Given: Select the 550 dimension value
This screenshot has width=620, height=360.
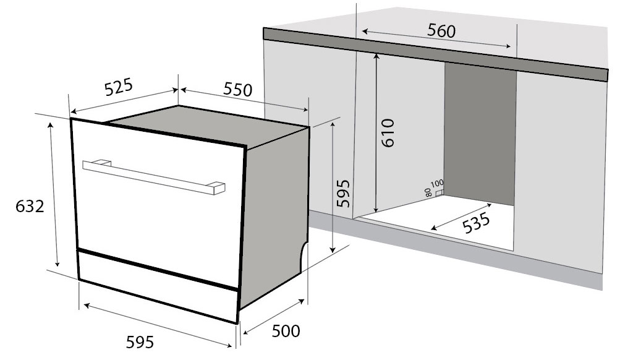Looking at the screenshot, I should (x=237, y=90).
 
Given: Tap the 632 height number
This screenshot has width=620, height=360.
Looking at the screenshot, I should (x=30, y=207).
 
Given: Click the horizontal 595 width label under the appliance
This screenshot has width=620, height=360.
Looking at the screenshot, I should (x=140, y=341).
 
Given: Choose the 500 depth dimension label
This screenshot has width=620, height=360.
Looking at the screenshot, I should (x=286, y=332).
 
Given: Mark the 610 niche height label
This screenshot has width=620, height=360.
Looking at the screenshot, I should (x=388, y=132).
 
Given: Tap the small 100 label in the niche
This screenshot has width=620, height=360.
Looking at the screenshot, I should (x=437, y=184).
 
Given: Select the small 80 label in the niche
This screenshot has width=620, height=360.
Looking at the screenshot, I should (x=429, y=192).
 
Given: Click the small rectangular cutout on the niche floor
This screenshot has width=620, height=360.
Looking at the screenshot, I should (x=439, y=192).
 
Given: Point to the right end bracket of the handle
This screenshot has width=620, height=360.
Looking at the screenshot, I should (x=218, y=187).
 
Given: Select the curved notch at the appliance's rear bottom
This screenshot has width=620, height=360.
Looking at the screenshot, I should (x=305, y=255).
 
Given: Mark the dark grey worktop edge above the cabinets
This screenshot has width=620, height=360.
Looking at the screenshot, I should (x=433, y=51).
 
